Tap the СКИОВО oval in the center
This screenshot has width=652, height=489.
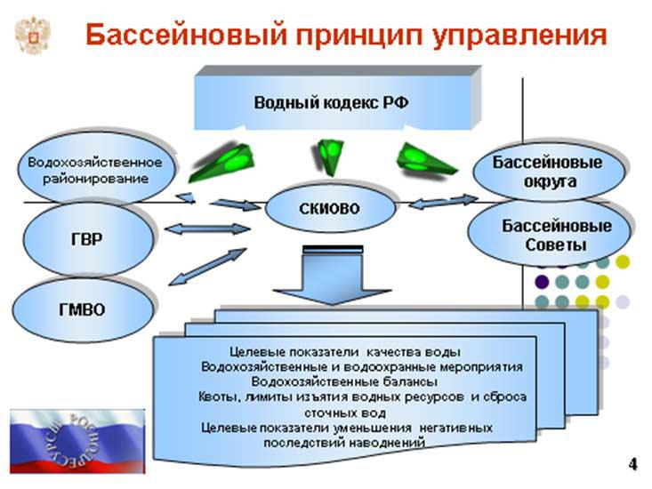(330, 208)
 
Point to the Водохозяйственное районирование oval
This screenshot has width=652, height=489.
(95, 170)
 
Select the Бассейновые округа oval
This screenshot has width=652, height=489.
(547, 172)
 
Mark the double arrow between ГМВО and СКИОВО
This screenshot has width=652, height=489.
(211, 267)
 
